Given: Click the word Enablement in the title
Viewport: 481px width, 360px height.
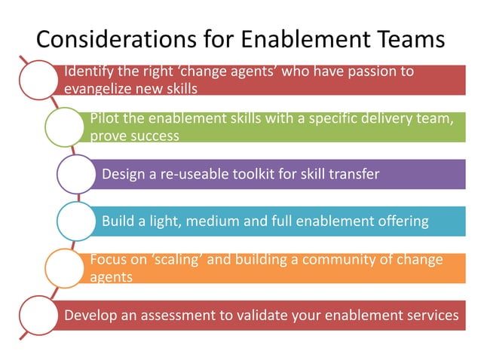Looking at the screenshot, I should click(x=287, y=38).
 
